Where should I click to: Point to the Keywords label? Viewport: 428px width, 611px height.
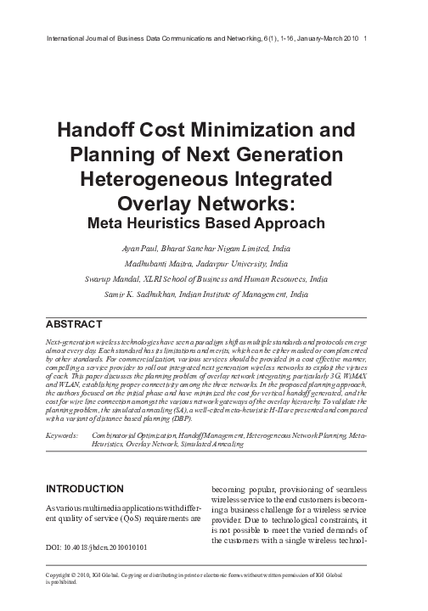pyautogui.click(x=59, y=433)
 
